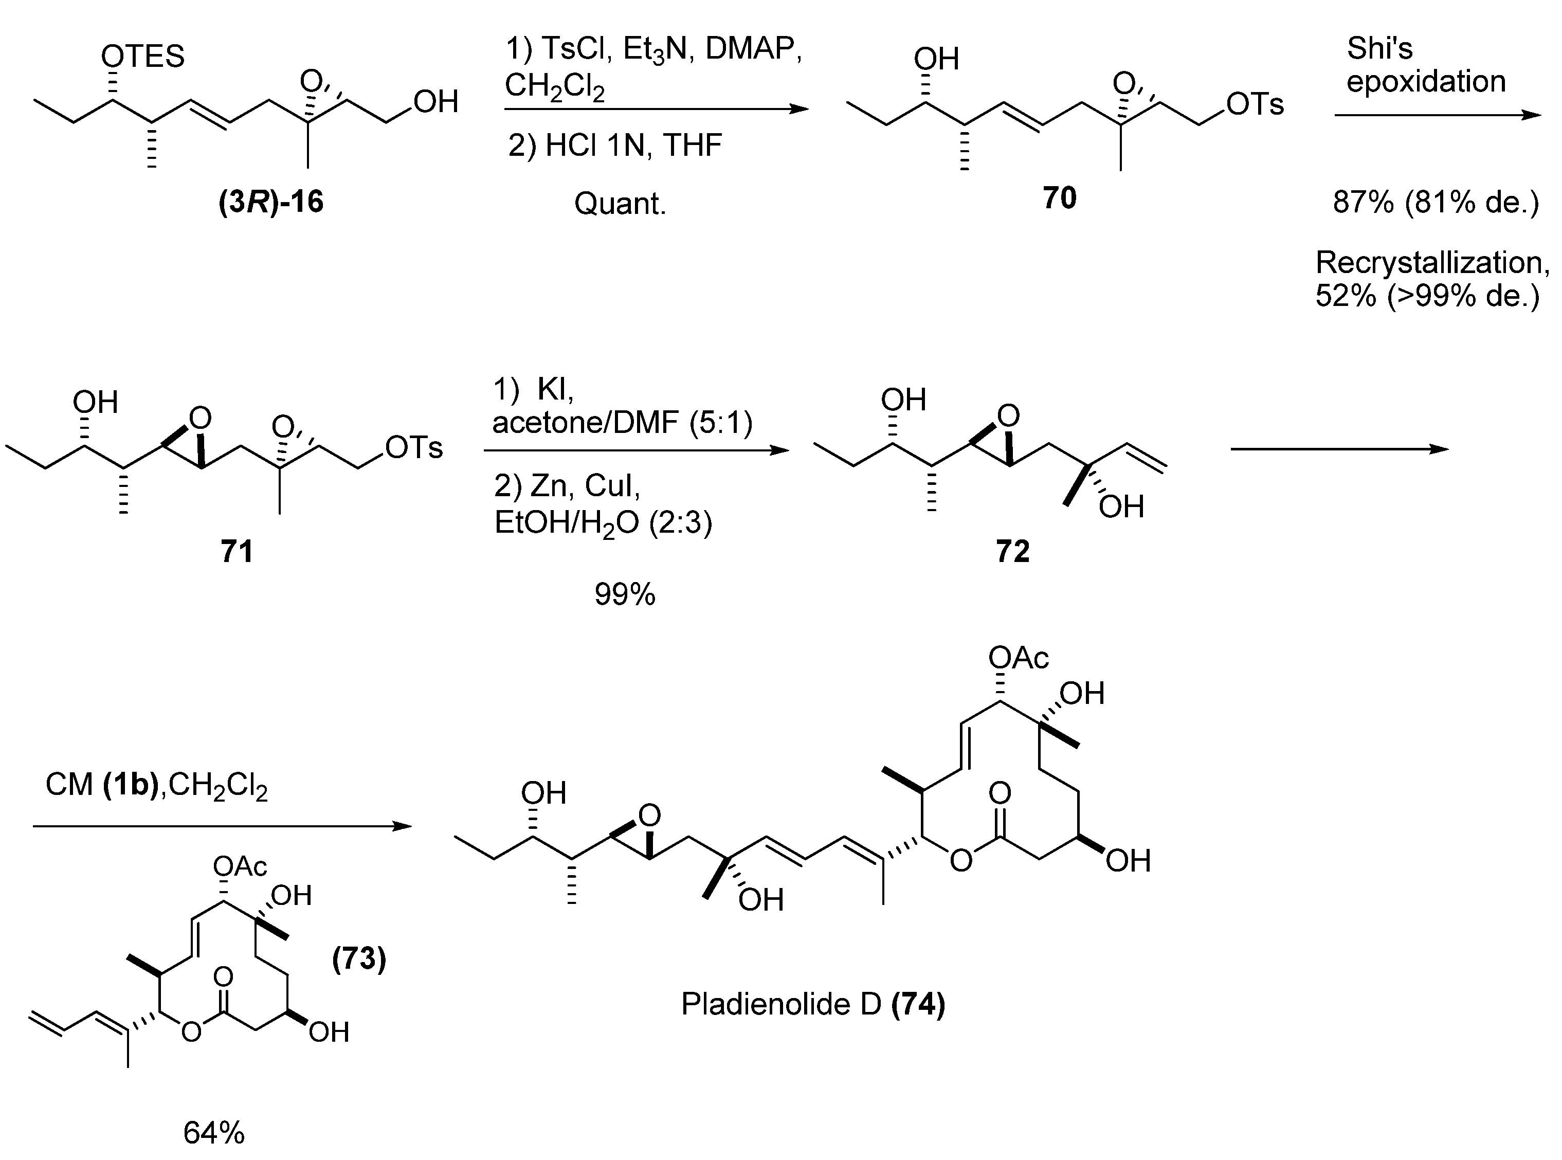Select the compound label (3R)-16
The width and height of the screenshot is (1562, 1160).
point(271,202)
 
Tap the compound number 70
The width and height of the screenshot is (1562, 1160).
point(1059,198)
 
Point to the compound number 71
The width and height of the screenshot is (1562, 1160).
point(237,551)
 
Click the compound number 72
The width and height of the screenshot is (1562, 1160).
point(1012,551)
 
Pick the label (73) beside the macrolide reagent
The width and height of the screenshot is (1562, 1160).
point(359,958)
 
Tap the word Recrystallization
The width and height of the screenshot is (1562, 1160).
point(1432,263)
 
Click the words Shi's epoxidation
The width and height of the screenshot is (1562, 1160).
point(1425,65)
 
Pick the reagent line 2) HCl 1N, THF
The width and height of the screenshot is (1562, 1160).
point(615,146)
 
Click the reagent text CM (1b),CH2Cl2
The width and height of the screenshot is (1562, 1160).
point(156,785)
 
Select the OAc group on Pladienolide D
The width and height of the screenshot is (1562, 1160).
point(1018,658)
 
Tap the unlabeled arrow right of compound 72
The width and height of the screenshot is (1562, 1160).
point(1339,449)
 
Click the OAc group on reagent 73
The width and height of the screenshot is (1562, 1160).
point(240,866)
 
